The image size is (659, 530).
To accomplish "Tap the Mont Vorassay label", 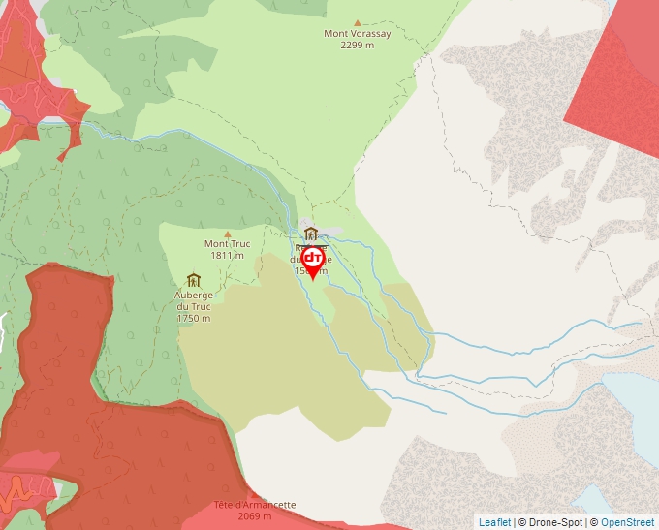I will (358, 34).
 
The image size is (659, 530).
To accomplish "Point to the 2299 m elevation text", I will (358, 46).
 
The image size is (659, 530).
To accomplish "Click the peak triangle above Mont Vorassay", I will (358, 21).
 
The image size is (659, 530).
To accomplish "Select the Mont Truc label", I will (228, 244).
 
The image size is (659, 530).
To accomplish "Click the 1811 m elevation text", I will (228, 256).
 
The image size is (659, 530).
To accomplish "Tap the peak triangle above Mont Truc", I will (228, 234).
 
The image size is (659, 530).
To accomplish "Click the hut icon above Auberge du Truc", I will (193, 280).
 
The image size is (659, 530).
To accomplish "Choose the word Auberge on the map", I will (194, 295).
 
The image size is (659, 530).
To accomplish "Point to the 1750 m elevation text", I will (194, 318).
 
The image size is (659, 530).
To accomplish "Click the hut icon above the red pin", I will (311, 234).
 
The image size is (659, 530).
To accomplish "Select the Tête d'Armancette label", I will (255, 505).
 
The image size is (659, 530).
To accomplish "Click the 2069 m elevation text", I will (255, 516).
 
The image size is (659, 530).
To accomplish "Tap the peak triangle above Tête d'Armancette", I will (255, 494).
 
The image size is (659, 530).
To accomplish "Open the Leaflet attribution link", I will (494, 522).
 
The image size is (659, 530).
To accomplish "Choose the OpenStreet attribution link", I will (627, 522).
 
